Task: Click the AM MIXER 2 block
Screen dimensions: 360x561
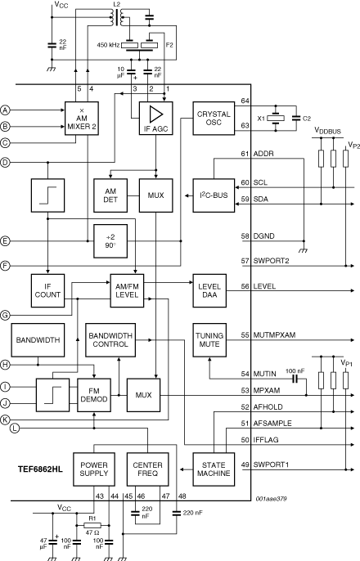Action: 82,119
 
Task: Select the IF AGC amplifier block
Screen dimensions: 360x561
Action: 155,119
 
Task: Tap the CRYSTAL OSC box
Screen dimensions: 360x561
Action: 214,119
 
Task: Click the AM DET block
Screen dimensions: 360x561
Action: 110,195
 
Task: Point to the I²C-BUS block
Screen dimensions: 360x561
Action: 214,195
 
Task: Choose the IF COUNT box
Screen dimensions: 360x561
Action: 48,290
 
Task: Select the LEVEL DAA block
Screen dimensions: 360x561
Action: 209,290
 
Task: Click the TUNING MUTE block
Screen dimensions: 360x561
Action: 209,340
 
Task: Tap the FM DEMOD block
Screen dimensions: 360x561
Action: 94,395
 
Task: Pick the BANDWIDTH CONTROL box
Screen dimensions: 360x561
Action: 110,340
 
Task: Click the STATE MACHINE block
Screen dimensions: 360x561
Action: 214,469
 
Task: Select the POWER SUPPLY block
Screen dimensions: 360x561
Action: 94,469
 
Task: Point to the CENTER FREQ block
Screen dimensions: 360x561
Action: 147,469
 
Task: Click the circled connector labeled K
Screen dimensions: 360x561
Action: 5,420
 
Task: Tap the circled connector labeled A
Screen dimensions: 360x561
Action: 5,110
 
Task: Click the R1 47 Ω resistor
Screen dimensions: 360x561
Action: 92,526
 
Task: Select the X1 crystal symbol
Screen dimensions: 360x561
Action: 276,118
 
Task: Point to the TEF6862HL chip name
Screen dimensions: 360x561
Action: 40,469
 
